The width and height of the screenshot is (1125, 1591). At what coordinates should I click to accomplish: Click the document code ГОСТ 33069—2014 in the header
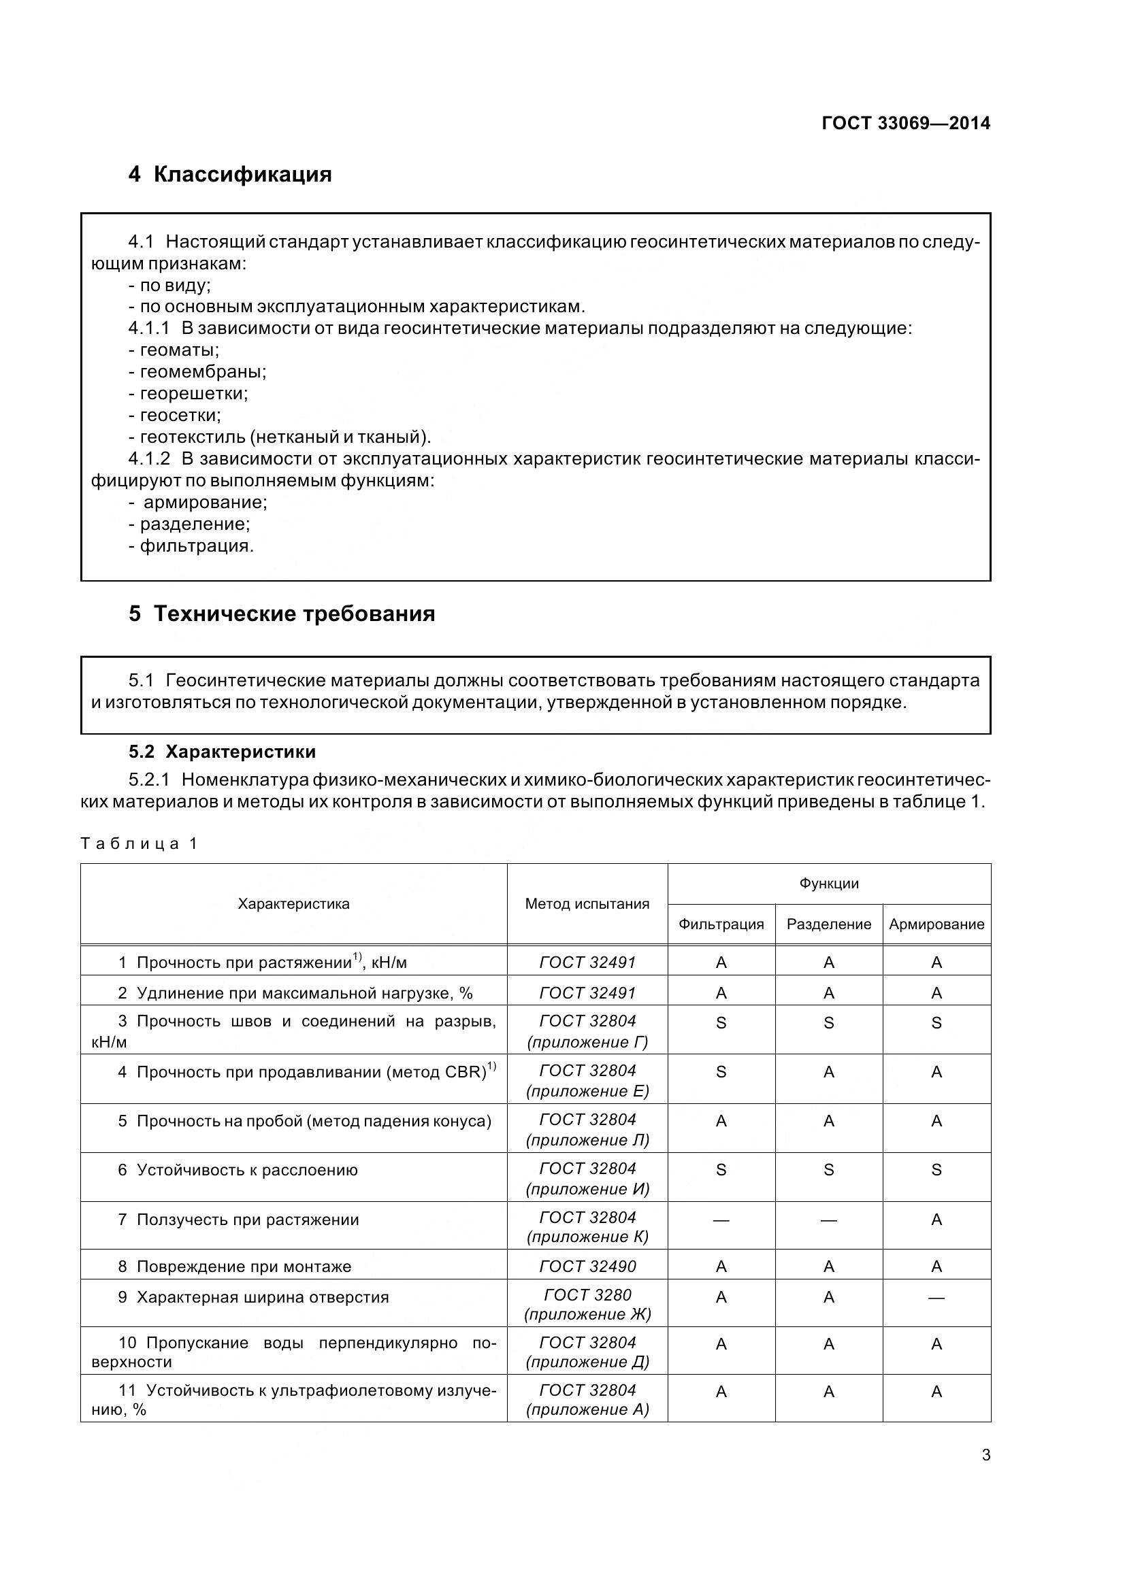(905, 123)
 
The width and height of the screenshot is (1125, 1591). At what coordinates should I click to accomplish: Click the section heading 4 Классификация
(229, 174)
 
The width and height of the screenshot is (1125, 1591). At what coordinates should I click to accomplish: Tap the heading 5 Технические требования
(282, 614)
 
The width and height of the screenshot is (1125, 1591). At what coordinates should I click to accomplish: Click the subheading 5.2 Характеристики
(222, 752)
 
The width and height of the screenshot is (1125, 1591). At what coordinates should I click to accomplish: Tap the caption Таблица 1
(140, 843)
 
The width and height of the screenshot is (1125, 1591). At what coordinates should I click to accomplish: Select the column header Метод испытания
(587, 903)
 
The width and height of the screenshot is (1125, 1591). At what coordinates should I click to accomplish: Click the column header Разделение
(828, 924)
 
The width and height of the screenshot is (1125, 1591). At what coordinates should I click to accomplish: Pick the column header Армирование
(936, 924)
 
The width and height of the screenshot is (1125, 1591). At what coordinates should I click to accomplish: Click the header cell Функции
(828, 884)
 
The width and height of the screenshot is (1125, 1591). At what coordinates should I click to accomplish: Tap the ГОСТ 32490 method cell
(587, 1267)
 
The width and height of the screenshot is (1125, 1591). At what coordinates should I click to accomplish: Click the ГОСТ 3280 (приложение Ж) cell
(587, 1305)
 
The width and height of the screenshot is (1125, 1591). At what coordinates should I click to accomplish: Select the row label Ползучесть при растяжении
(248, 1220)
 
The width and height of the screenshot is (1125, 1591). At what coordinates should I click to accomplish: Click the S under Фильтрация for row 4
(721, 1072)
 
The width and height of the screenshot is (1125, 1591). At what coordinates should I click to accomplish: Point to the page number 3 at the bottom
(985, 1455)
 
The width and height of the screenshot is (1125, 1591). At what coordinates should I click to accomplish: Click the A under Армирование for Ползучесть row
(936, 1220)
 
